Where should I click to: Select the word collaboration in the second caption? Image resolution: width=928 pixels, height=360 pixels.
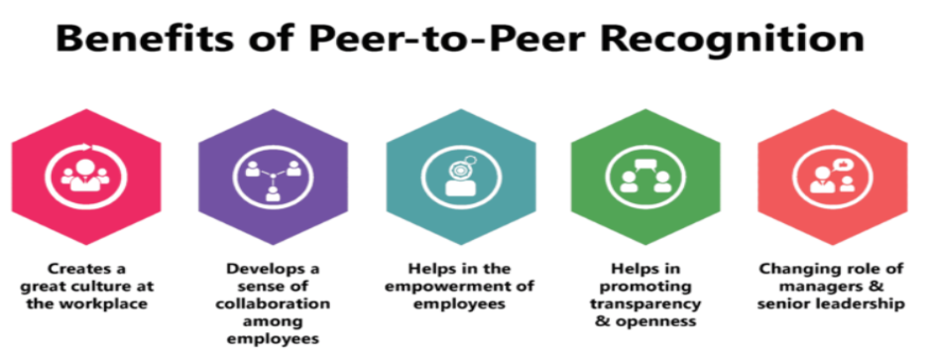pyautogui.click(x=267, y=303)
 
